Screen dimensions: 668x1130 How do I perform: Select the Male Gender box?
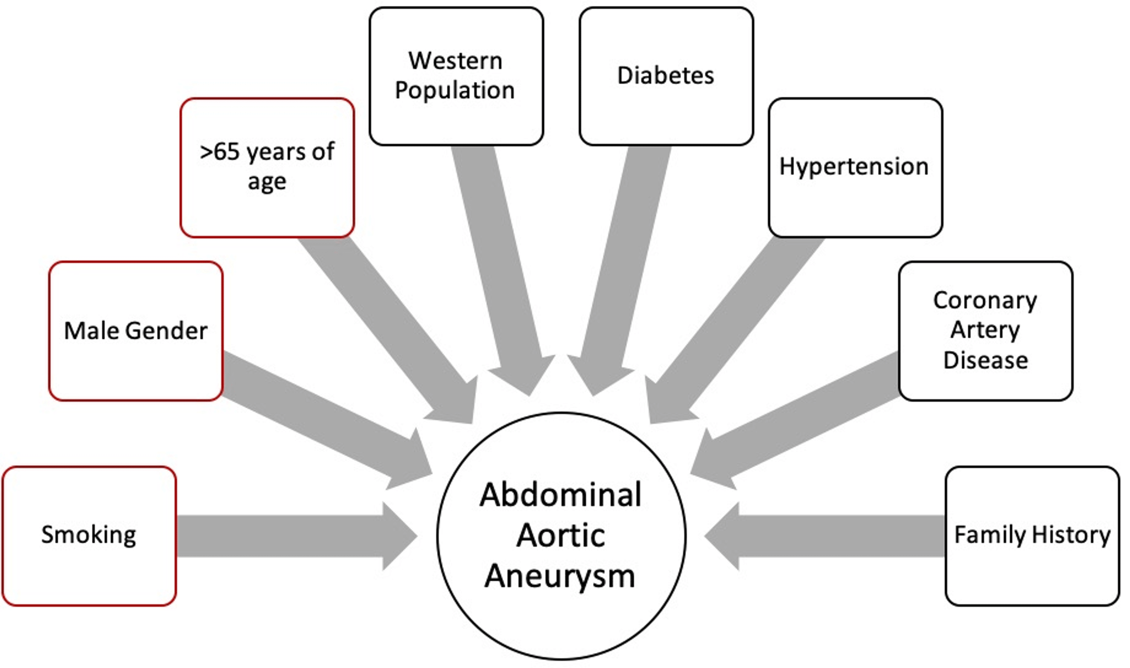[x=136, y=331]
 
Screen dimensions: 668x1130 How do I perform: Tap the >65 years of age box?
[x=267, y=168]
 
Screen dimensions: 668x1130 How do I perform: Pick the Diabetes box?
[x=666, y=76]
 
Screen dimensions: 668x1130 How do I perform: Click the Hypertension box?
[x=855, y=168]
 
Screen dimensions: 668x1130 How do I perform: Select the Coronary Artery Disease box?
[x=985, y=331]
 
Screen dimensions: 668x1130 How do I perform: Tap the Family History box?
[x=1032, y=536]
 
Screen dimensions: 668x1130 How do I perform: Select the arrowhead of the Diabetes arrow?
[x=599, y=378]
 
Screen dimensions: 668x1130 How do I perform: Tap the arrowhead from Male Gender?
[x=412, y=464]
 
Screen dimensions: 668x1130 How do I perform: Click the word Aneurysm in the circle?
[x=560, y=576]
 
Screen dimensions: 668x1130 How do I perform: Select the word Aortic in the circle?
[x=560, y=536]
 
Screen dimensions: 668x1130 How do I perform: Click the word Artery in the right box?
[x=985, y=330]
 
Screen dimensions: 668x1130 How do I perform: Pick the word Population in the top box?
[x=455, y=90]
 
